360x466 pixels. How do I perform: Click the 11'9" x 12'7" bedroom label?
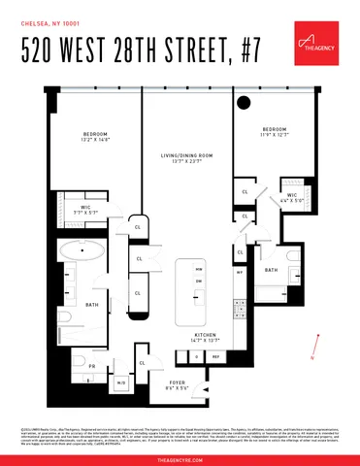[x=274, y=133]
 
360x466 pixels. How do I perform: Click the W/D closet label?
[x=120, y=383]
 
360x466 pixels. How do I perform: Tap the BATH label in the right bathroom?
[x=271, y=269]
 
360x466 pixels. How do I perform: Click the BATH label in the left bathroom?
[x=92, y=304]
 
